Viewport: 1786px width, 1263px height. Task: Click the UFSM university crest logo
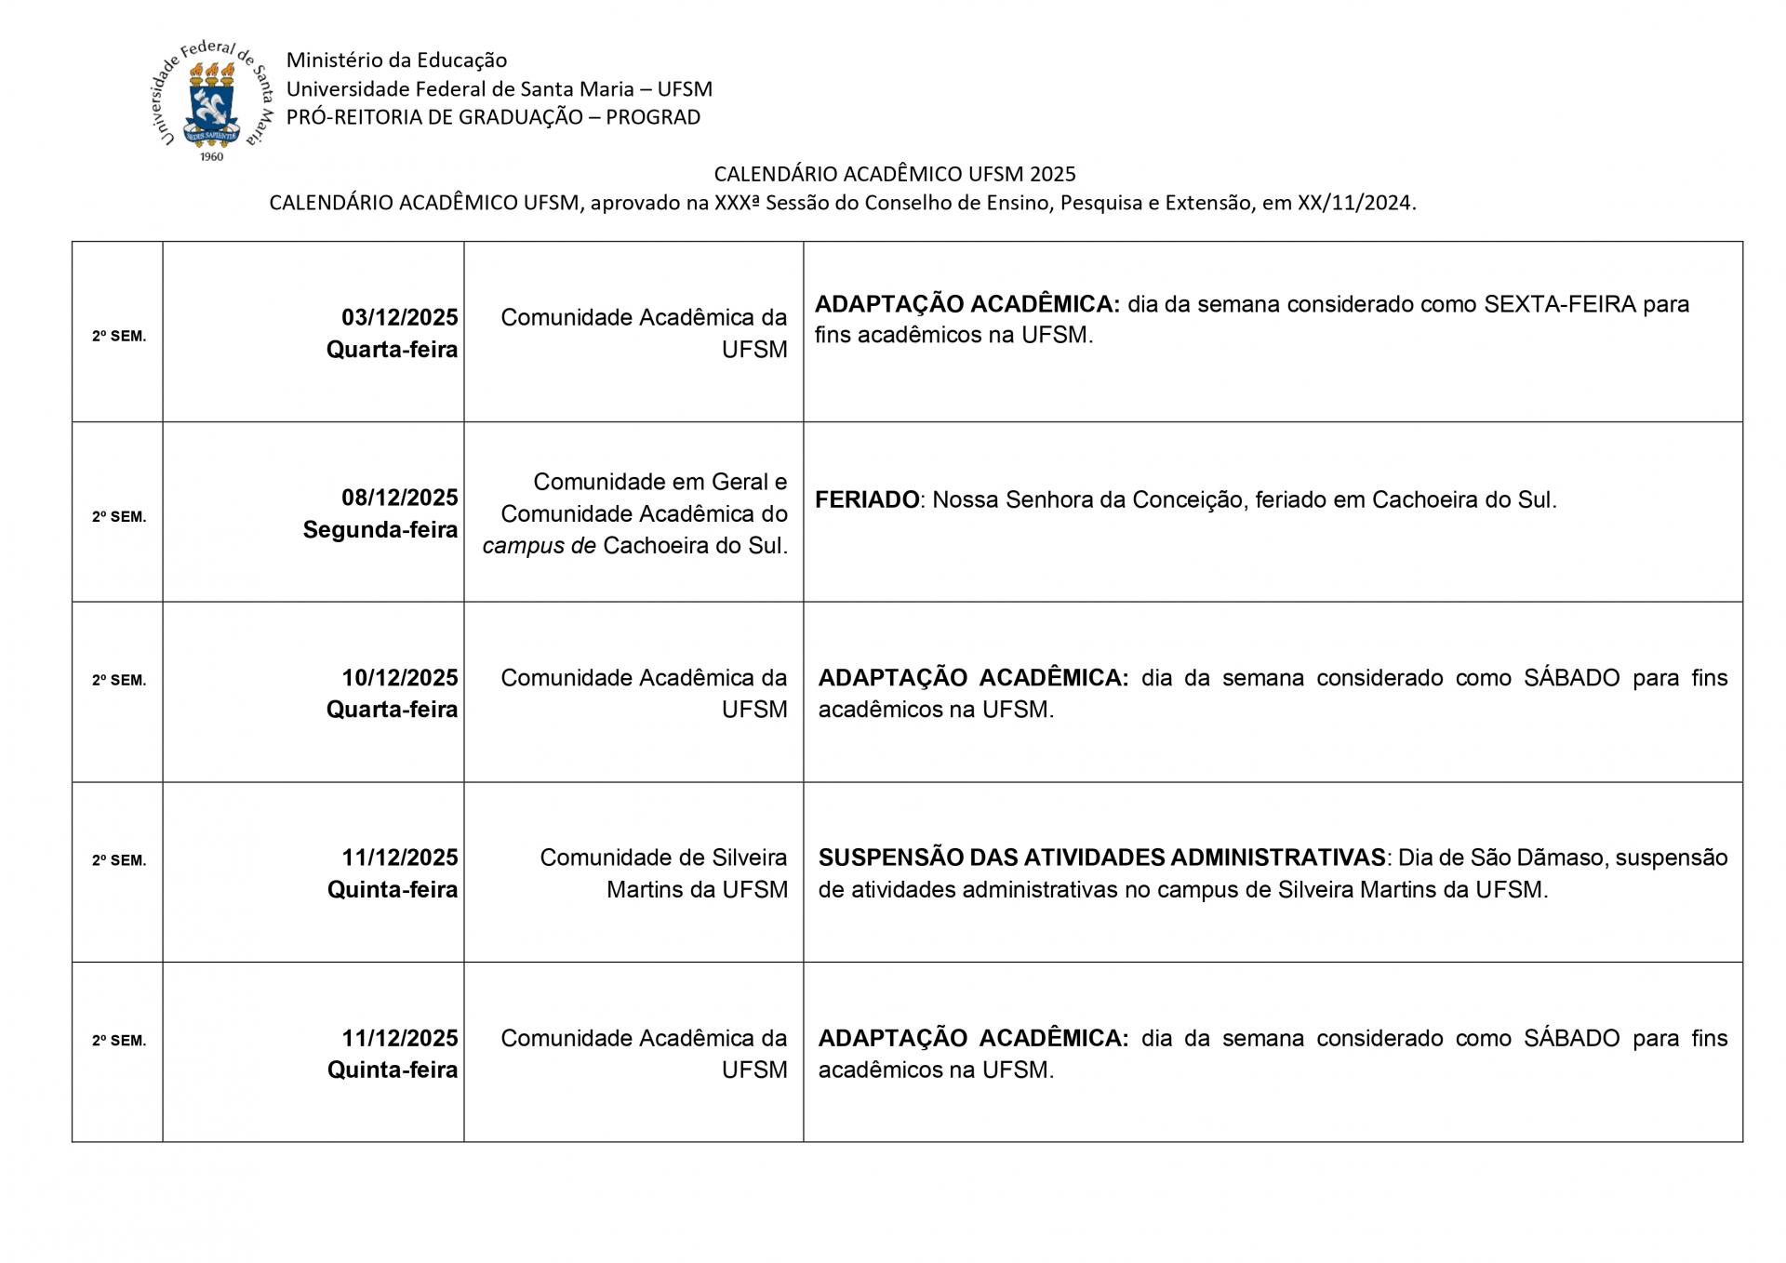[213, 100]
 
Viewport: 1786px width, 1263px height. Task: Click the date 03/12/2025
[399, 317]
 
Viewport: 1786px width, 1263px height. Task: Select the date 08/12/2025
[399, 498]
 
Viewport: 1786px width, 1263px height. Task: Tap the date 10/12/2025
[399, 677]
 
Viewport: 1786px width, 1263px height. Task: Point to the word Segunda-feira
[380, 530]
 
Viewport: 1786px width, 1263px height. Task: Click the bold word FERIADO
[867, 499]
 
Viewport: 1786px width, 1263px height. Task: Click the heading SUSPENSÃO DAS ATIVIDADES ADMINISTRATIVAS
[1101, 858]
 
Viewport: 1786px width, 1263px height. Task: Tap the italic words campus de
[539, 546]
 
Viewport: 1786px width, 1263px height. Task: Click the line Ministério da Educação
[396, 60]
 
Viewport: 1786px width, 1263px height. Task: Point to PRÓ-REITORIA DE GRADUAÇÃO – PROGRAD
[493, 117]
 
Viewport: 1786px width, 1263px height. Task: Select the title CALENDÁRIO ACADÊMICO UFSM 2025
[894, 174]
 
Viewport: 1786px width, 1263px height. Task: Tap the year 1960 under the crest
[212, 156]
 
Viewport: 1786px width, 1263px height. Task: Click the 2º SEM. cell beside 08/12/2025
[119, 517]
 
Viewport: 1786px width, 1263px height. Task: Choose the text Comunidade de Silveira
[663, 858]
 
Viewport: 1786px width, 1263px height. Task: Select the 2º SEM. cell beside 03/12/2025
[119, 337]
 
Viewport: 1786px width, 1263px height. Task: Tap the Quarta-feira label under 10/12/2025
[392, 710]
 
